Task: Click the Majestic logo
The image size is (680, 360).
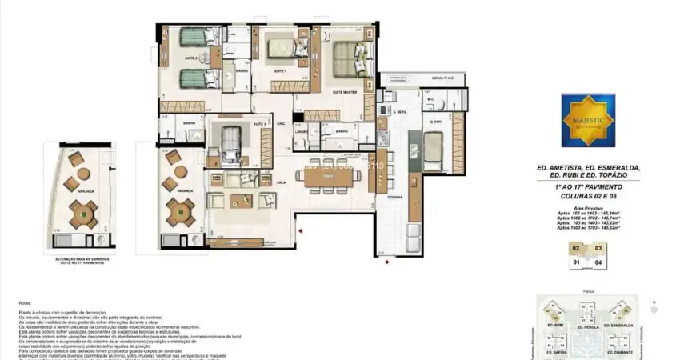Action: [588, 120]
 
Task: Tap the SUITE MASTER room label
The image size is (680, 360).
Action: [346, 92]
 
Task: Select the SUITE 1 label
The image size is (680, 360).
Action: [280, 71]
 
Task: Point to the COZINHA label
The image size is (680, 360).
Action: [394, 195]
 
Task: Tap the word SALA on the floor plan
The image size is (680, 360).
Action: [281, 182]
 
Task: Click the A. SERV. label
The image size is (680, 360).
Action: [400, 113]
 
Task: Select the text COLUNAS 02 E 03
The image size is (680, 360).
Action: [588, 194]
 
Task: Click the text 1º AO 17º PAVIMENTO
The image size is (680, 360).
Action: [588, 186]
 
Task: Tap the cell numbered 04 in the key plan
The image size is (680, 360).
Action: [598, 260]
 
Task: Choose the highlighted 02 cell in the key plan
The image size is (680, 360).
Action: [575, 248]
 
